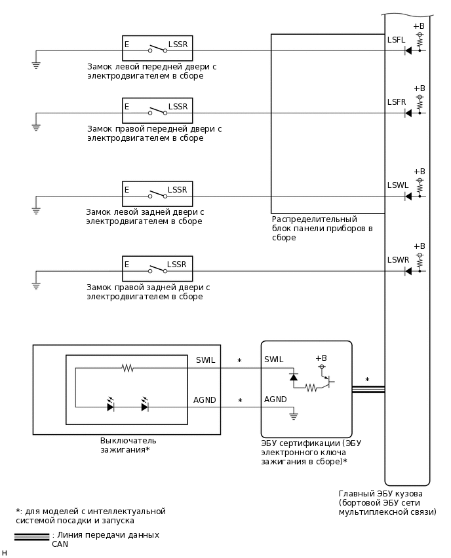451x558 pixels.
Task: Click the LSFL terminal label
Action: coord(397,40)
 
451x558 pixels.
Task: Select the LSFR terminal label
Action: coord(397,102)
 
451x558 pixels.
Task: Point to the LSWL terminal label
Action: coord(398,185)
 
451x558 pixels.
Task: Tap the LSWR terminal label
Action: coord(398,260)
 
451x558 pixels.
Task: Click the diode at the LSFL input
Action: coord(408,50)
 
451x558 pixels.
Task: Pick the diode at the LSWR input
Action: coord(408,271)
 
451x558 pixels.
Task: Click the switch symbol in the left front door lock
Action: coord(157,49)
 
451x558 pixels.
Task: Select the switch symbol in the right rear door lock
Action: coord(157,269)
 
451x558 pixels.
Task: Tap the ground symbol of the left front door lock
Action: coord(36,64)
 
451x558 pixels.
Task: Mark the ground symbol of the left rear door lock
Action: coord(36,210)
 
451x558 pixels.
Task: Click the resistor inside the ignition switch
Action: coord(127,368)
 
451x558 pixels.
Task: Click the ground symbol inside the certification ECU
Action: coord(294,415)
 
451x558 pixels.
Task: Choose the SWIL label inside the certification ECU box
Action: coord(273,360)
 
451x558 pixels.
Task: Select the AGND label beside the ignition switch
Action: coord(205,400)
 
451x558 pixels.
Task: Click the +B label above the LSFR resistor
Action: coord(419,88)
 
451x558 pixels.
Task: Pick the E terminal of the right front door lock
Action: coord(127,107)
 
